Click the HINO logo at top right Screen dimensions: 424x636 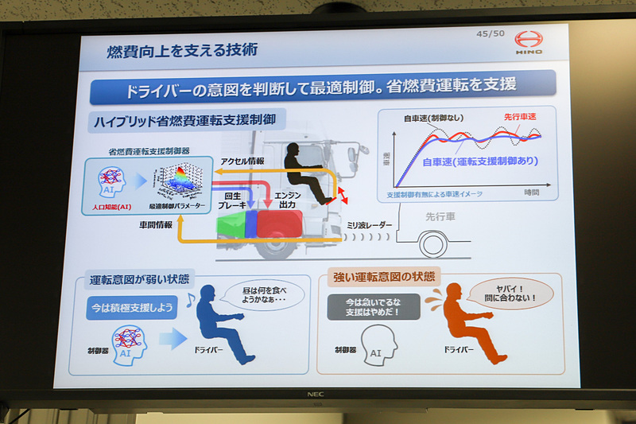click(x=528, y=42)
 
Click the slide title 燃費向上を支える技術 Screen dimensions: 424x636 click(x=182, y=51)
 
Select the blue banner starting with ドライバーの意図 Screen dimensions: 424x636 click(x=322, y=87)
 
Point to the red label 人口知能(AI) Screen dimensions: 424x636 click(x=112, y=206)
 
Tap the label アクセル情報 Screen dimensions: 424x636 click(x=243, y=159)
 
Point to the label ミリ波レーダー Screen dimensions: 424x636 click(x=370, y=226)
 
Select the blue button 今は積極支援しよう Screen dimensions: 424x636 click(x=131, y=307)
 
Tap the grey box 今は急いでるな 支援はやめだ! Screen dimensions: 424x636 click(x=374, y=306)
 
